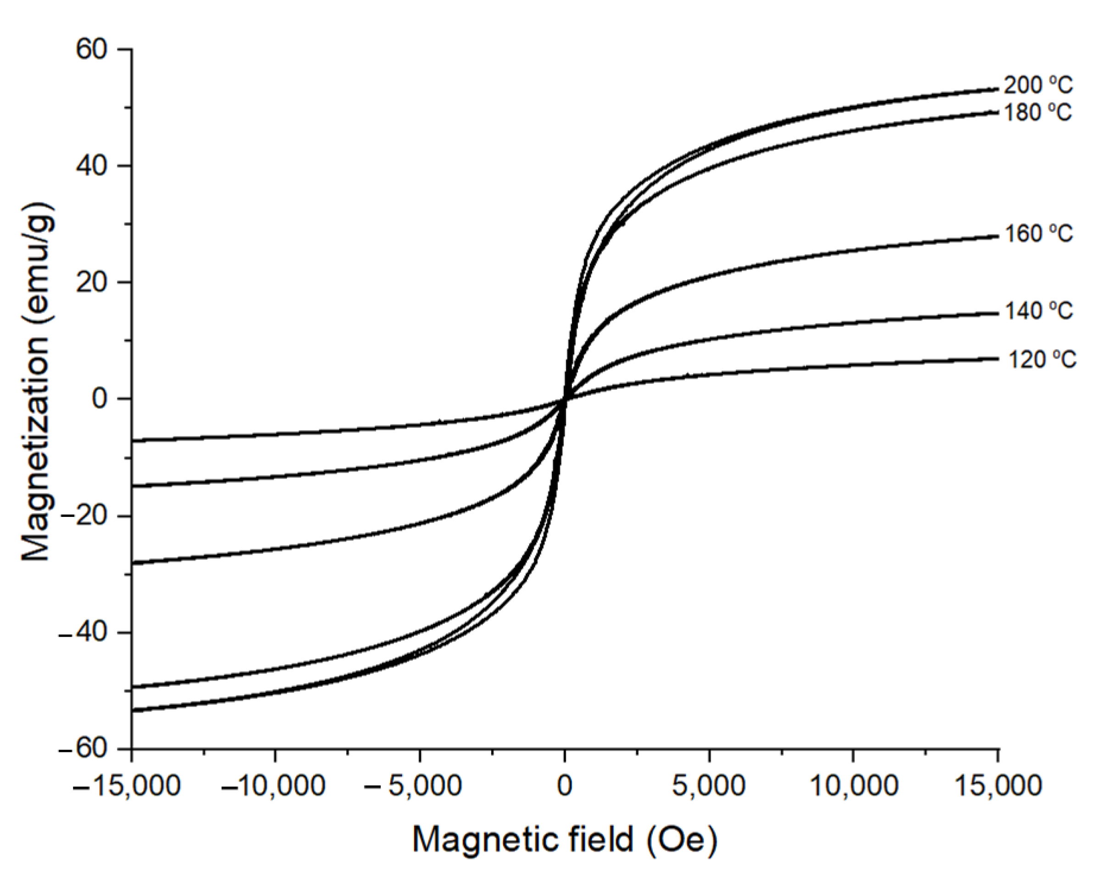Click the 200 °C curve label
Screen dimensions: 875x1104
[x=1037, y=85]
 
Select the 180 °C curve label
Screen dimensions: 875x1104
[x=1037, y=112]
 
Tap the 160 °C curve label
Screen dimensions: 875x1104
[x=1038, y=234]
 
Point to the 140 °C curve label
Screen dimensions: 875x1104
[x=1038, y=311]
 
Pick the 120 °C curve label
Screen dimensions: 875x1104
[x=1042, y=359]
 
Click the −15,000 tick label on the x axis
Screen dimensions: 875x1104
[x=127, y=785]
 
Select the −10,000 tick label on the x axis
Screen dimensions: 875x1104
[x=274, y=785]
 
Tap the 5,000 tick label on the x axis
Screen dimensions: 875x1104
[x=709, y=785]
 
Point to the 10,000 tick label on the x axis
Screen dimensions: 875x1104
[x=855, y=785]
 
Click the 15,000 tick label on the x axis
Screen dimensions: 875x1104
[x=998, y=785]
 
